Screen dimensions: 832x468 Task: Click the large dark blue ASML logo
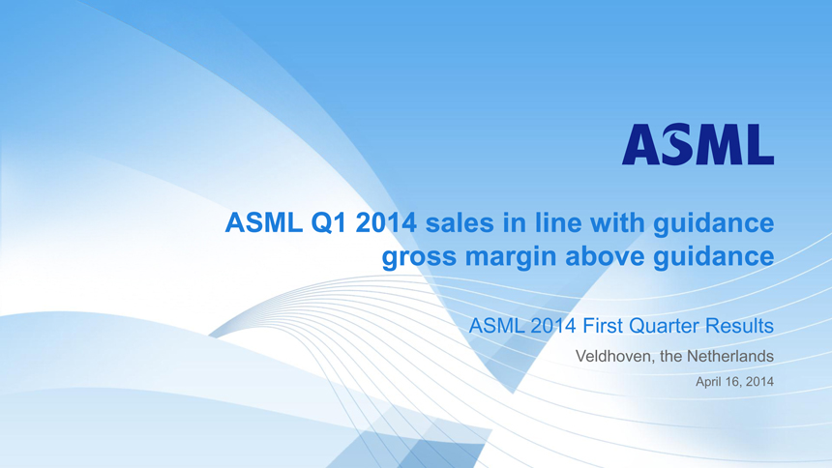coord(698,144)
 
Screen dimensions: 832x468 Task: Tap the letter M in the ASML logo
coord(714,144)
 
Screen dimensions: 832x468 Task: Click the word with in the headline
coord(617,222)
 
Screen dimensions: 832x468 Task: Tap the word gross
coord(419,257)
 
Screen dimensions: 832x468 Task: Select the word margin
coord(511,257)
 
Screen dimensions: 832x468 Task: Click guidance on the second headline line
coord(714,257)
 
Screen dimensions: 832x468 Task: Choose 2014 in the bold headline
coord(386,222)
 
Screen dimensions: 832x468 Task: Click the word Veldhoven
coord(615,356)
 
